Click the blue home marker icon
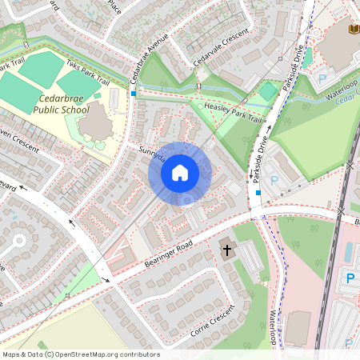(180, 172)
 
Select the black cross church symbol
(226, 250)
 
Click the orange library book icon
(354, 30)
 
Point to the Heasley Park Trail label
(233, 112)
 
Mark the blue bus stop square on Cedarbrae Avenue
(134, 94)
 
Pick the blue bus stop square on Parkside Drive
(258, 192)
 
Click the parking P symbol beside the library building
(322, 78)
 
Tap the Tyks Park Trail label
(88, 73)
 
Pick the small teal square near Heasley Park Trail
(266, 94)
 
